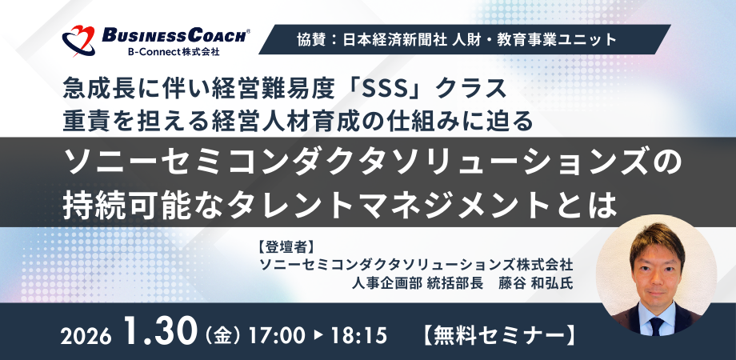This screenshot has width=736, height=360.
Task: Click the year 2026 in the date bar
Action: [86, 332]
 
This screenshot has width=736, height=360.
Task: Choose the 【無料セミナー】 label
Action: [496, 331]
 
